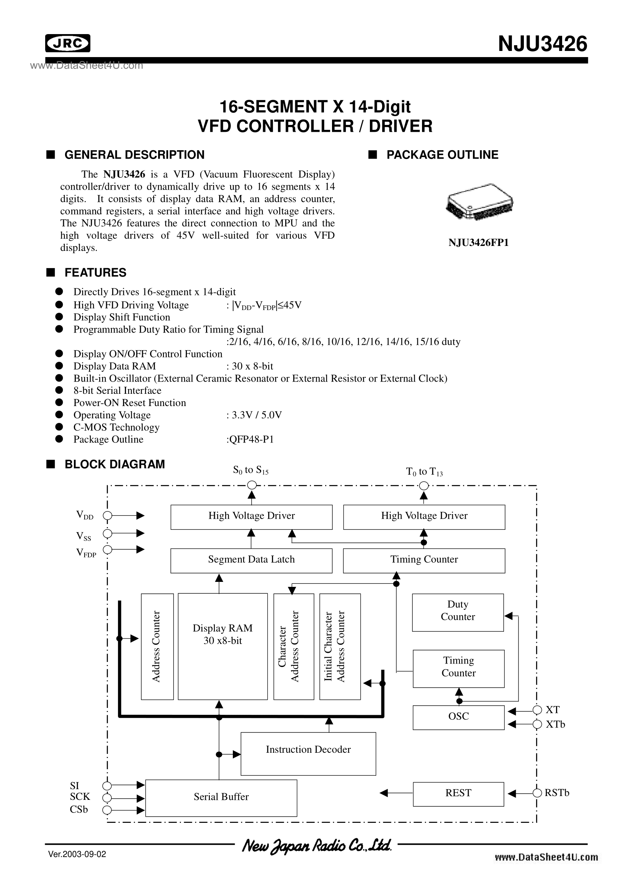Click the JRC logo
68,43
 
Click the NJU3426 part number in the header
543,43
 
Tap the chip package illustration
479,201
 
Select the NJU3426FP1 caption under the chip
479,243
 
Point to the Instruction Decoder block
308,753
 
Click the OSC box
459,717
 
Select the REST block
459,794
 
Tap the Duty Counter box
458,612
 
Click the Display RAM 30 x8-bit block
223,647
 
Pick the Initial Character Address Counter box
340,647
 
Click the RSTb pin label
557,793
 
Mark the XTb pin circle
537,724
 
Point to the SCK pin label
80,796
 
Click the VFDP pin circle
107,549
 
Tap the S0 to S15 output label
251,470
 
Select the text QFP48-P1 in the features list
252,439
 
